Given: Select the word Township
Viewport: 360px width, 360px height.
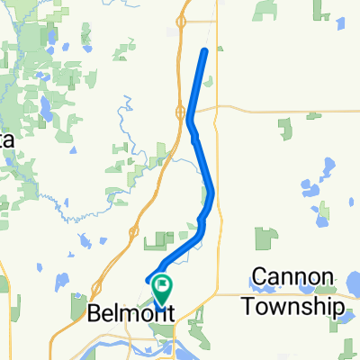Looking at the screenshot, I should click(x=293, y=306).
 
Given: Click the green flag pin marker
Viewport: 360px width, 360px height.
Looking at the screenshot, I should click(x=163, y=289).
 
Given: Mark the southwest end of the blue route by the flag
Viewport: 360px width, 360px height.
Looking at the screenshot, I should click(x=147, y=282).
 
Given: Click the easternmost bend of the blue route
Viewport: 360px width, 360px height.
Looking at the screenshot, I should click(x=212, y=191).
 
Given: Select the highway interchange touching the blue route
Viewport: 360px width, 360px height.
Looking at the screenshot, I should click(x=183, y=112).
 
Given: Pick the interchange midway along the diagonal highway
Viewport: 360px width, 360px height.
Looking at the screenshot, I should click(x=133, y=231).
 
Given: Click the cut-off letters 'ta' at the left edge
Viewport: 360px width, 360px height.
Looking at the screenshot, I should click(x=5, y=141).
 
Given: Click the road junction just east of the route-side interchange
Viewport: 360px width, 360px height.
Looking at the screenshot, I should click(x=217, y=107).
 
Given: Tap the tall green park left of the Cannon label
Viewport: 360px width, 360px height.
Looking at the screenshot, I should click(x=265, y=238).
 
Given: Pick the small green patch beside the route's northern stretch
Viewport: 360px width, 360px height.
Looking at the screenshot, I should click(x=209, y=83).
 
